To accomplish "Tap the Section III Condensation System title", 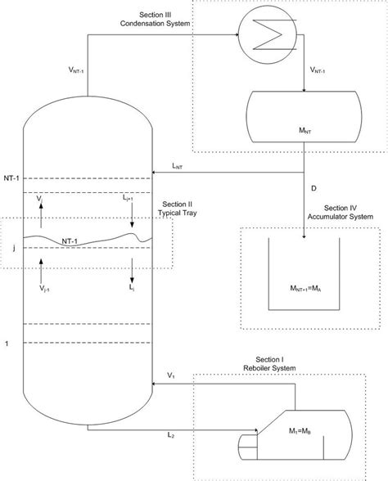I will tap(163, 20).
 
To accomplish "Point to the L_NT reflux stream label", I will tap(176, 167).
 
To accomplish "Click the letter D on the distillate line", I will tap(314, 188).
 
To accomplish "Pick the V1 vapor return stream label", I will tap(171, 375).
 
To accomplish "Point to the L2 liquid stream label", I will tap(171, 434).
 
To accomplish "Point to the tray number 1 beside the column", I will tap(7, 344).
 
